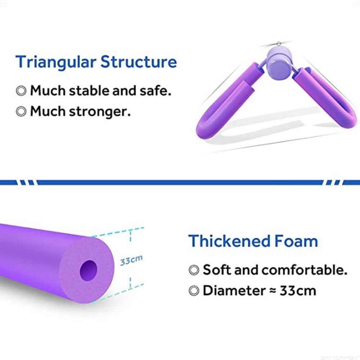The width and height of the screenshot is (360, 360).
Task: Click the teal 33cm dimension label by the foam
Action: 131,260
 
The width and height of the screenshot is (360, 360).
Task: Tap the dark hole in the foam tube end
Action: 89,268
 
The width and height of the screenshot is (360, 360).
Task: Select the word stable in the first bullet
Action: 89,90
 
